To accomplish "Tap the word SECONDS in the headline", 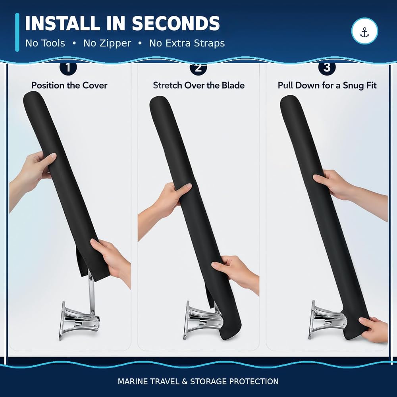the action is click(x=176, y=23).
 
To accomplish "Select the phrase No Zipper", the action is click(x=107, y=43).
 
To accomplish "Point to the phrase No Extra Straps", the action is click(x=187, y=43).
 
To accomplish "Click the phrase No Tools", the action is click(x=45, y=43).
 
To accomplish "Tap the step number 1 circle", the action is click(x=68, y=67).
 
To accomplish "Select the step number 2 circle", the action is click(x=198, y=68).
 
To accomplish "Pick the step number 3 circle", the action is click(x=327, y=67).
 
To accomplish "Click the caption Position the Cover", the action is click(x=69, y=85).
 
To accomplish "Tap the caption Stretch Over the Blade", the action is click(x=199, y=85).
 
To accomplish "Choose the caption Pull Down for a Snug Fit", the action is click(x=327, y=85).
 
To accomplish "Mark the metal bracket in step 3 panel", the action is click(x=326, y=320).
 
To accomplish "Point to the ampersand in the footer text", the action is click(x=185, y=381).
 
